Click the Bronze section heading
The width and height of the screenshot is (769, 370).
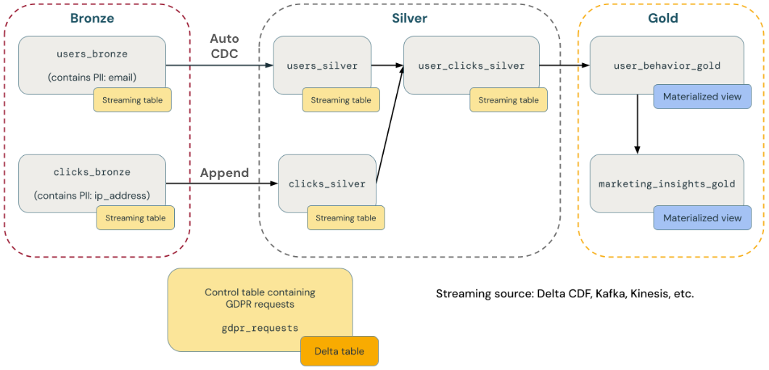(92, 18)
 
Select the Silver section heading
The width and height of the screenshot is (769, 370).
(411, 18)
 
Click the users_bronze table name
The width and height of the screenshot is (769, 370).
(92, 54)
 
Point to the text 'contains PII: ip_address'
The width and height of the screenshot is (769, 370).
(92, 195)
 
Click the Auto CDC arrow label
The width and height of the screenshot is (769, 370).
(224, 46)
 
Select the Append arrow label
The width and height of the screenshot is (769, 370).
(224, 173)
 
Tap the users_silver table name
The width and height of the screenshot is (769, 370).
(322, 66)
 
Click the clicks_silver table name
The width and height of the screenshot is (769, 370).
(327, 184)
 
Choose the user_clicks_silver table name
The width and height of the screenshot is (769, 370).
(472, 66)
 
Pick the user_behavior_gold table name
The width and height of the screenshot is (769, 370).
(667, 66)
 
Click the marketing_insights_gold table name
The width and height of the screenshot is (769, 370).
(667, 184)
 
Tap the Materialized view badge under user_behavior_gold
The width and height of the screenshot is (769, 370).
(702, 96)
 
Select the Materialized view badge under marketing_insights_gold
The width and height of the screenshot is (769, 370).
(702, 218)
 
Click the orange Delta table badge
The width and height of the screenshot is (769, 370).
(339, 351)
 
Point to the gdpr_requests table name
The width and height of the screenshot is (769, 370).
(260, 328)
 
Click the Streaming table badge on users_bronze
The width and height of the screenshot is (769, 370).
(132, 100)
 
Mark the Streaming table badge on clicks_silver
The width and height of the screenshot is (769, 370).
(345, 218)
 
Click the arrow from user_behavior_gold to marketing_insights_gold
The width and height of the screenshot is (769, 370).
(637, 123)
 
